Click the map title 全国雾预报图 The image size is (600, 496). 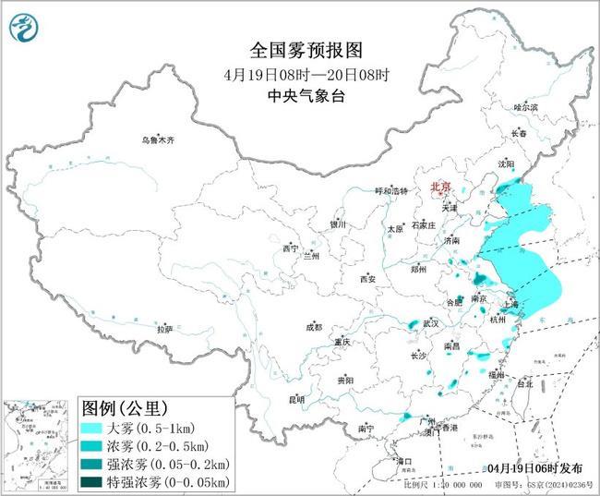coord(299,48)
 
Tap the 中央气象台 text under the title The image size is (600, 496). coord(299,94)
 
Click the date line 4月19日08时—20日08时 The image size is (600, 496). coord(299,73)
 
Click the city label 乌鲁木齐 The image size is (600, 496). coord(157,140)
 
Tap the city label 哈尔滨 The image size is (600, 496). coord(525,108)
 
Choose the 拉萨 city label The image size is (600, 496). coord(164,329)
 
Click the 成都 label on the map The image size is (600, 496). coord(314,327)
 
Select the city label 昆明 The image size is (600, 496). coord(296,399)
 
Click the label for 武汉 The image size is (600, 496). coord(431,323)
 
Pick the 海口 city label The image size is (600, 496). coord(403,460)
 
